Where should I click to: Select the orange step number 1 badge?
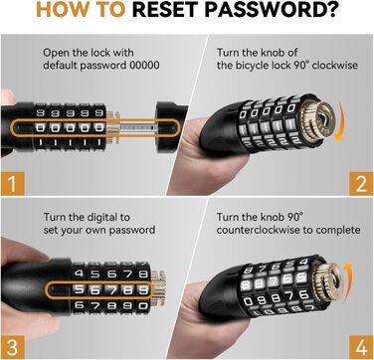tap(12, 184)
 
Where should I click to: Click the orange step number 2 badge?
tap(361, 184)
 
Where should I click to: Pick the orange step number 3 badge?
tap(12, 347)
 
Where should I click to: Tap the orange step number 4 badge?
tap(361, 347)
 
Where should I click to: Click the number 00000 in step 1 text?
tap(144, 65)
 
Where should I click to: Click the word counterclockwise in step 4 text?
tap(271, 230)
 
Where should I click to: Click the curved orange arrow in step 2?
tap(339, 121)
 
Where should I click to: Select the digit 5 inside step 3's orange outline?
tap(79, 290)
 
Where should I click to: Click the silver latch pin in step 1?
tap(136, 127)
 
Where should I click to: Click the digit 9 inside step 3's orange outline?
tap(143, 290)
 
